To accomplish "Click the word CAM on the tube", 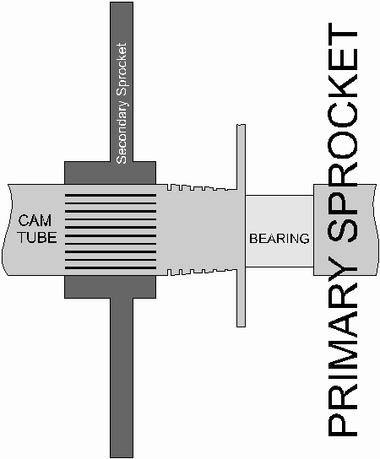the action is click(35, 220).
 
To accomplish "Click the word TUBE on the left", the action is click(37, 237).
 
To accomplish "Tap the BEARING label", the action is click(280, 239).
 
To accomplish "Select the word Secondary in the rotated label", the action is click(122, 132).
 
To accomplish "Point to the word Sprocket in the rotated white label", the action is click(122, 70).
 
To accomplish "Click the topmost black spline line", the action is click(111, 195).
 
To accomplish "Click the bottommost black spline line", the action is click(111, 267).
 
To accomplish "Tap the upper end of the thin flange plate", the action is click(242, 125).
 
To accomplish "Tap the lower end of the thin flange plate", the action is click(242, 326).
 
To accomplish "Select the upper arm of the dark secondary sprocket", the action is click(122, 82).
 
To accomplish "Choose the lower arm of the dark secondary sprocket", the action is click(122, 378).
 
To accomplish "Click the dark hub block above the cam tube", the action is click(110, 173).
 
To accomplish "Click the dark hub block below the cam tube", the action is click(110, 287).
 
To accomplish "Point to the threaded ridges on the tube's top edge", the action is click(202, 187).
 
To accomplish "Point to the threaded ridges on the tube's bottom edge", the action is click(202, 272).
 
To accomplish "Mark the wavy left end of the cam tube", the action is click(7, 229).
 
